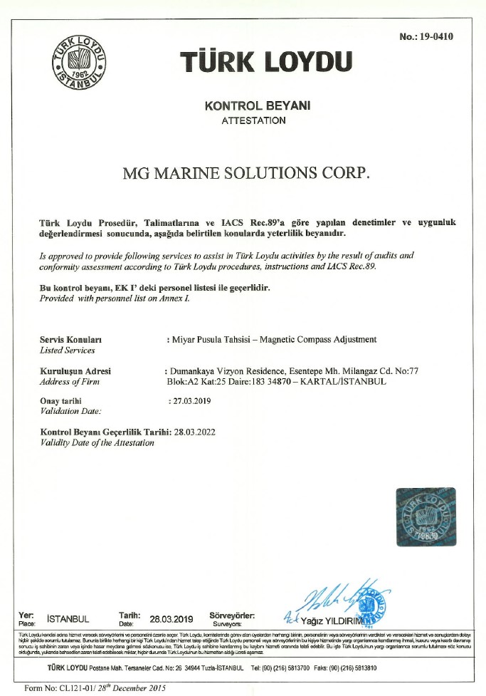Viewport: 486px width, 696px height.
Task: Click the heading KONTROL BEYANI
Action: [x=258, y=105]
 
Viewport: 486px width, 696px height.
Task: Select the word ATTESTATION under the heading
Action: [x=254, y=120]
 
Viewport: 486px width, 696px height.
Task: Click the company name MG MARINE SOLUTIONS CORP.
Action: [x=247, y=173]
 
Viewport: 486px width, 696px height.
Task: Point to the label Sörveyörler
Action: [x=232, y=614]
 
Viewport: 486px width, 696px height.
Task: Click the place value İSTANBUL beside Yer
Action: [x=68, y=618]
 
